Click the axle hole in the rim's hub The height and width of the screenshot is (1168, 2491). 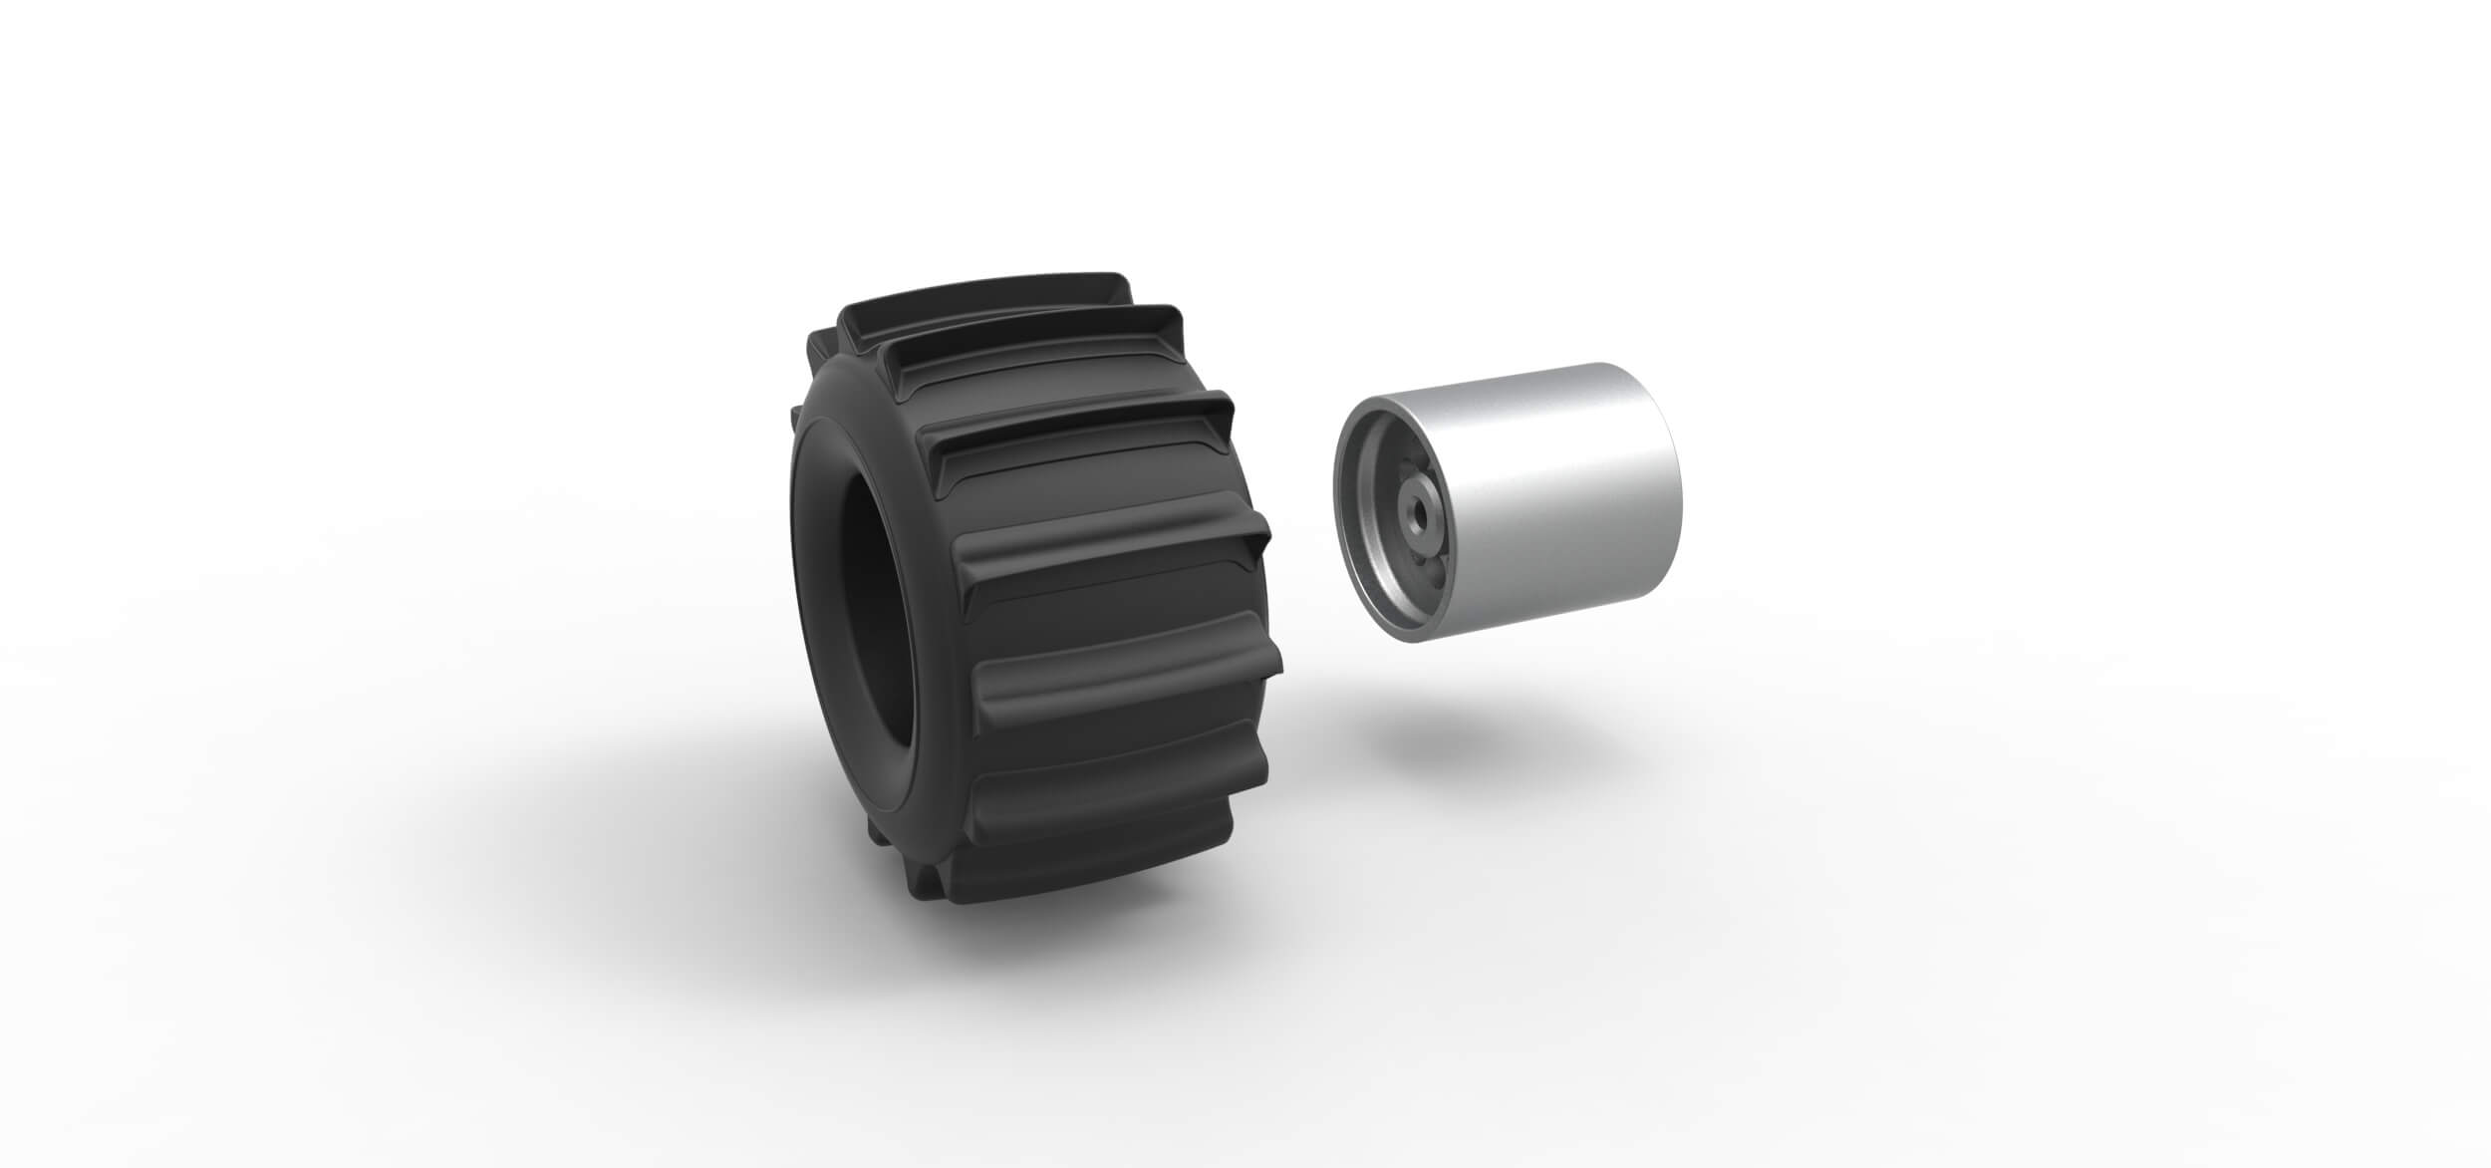(x=1415, y=506)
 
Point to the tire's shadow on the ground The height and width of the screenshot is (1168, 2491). (x=697, y=847)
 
